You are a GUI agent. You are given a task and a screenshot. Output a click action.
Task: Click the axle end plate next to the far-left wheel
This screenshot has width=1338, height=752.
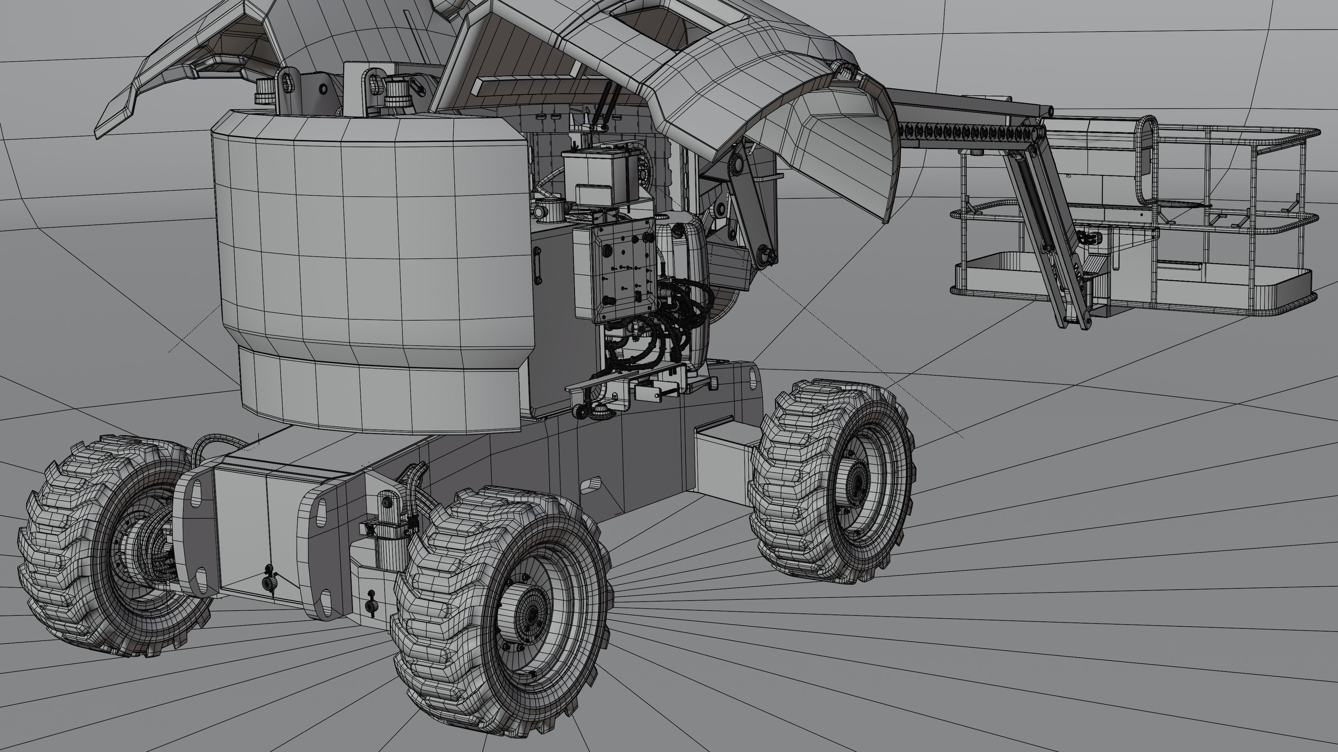click(195, 534)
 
